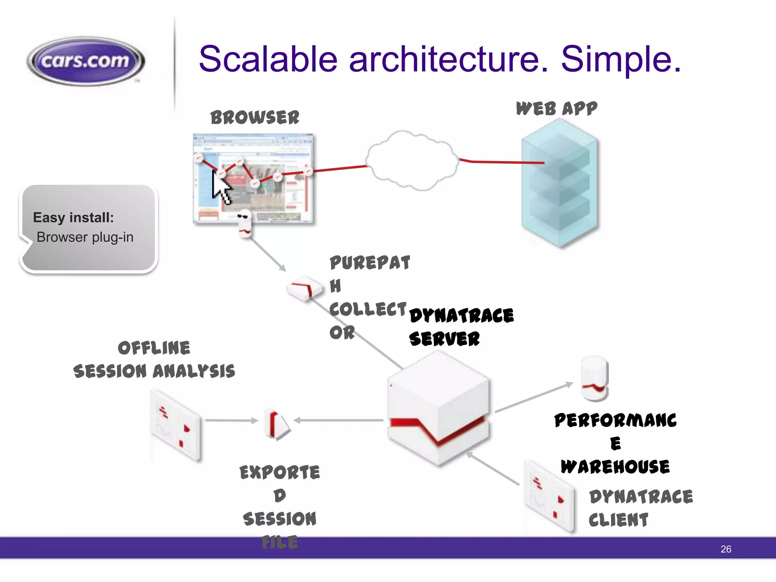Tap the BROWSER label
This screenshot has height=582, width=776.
[x=255, y=117]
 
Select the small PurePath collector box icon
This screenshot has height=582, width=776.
[x=304, y=289]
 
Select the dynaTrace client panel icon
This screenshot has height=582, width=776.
[x=549, y=496]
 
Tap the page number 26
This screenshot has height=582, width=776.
[x=726, y=549]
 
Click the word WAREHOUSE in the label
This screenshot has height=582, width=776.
[x=615, y=467]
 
